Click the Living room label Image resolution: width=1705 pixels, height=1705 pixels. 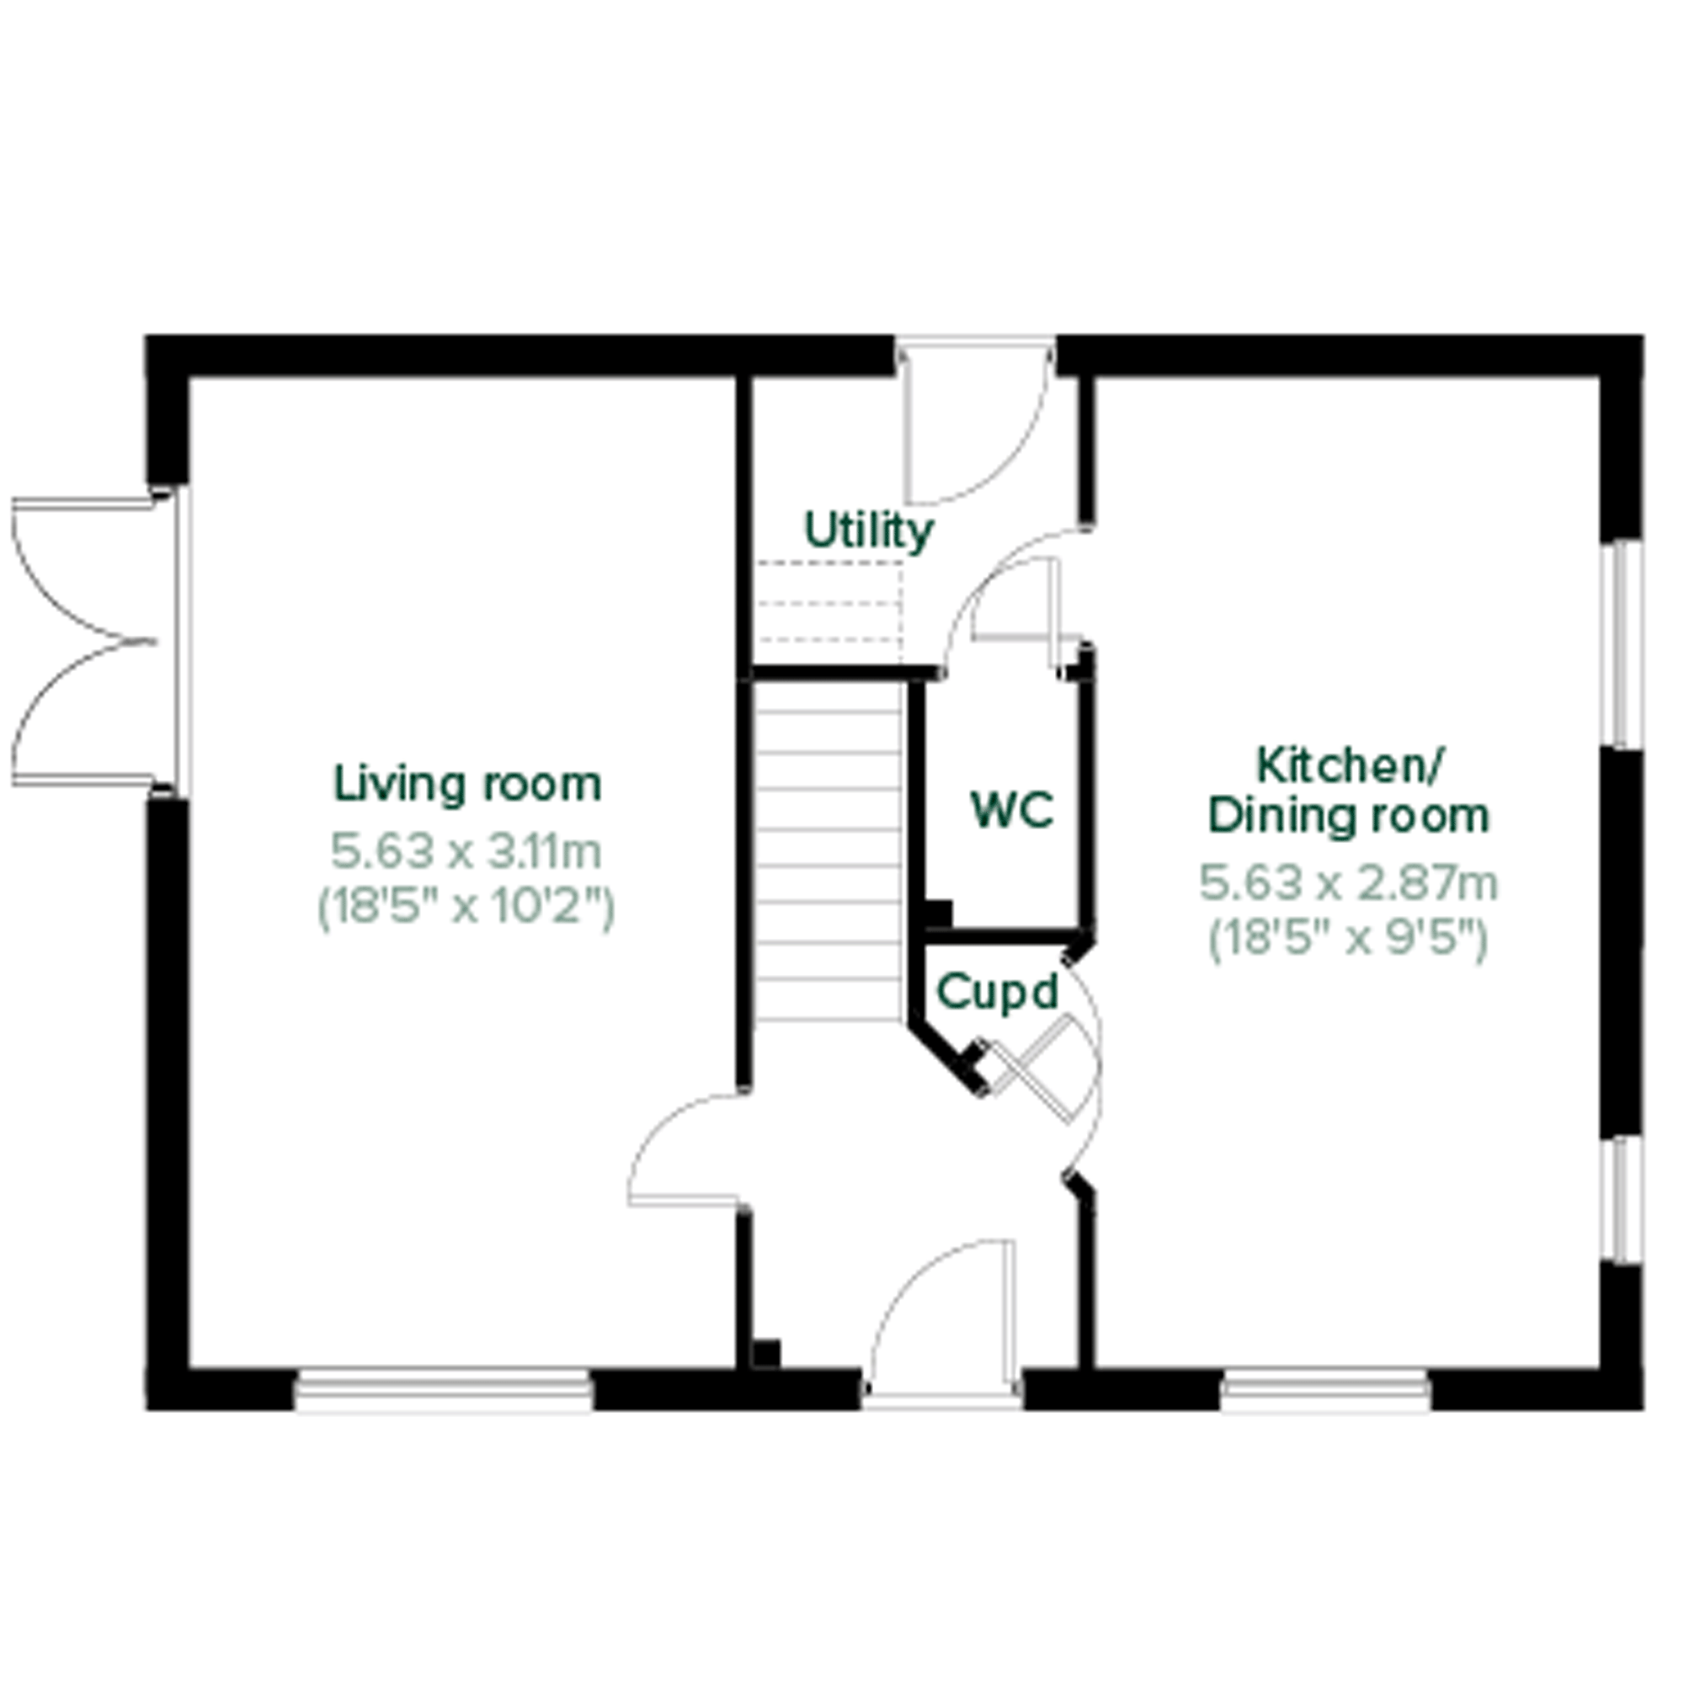point(468,785)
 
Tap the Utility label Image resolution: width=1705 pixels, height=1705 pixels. point(868,531)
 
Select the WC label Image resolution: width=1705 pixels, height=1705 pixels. point(1011,809)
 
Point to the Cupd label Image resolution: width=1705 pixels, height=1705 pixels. point(997,992)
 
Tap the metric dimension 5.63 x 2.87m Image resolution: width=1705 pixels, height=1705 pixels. point(1349,882)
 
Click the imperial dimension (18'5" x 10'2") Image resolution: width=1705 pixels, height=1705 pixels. point(466,907)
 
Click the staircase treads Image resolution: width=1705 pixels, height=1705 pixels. point(829,851)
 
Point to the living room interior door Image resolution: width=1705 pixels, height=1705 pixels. point(686,1149)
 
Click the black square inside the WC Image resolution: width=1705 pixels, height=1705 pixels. point(937,914)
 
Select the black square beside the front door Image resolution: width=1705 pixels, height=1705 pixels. point(766,1354)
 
